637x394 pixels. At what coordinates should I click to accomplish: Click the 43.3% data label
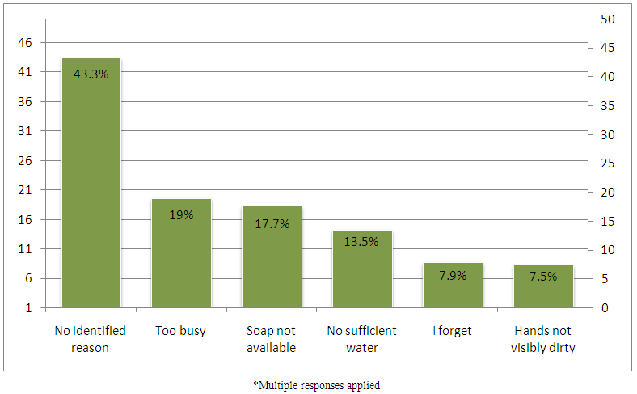(x=91, y=74)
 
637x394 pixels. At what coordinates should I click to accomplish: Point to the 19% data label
(x=181, y=215)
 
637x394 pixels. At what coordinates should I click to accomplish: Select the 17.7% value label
(x=272, y=223)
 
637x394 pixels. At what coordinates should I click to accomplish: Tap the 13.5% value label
(x=362, y=241)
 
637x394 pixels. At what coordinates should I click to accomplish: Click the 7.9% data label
(x=453, y=276)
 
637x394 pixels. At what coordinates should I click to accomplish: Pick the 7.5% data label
(x=543, y=277)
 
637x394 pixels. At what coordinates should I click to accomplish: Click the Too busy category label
(x=181, y=331)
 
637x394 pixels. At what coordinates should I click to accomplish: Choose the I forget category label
(x=453, y=331)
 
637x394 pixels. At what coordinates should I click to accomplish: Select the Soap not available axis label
(x=272, y=339)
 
